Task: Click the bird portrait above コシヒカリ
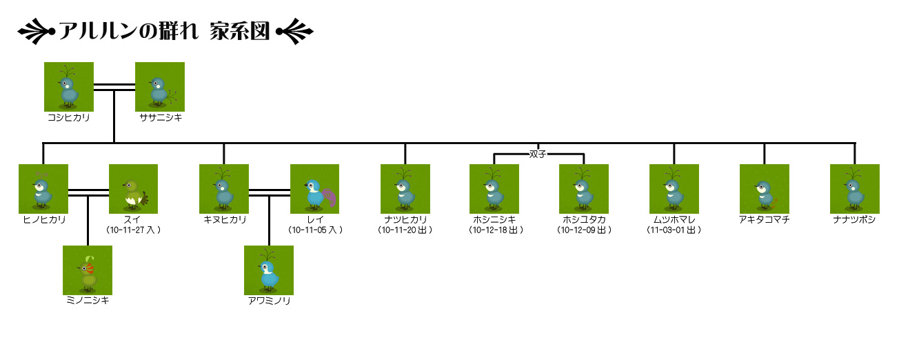tap(69, 86)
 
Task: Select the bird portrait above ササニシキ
tap(160, 86)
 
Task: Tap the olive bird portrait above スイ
tap(133, 188)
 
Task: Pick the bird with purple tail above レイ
tap(314, 188)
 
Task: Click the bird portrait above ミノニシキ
tap(88, 270)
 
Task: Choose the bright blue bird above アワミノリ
tap(269, 270)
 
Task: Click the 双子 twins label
tap(538, 154)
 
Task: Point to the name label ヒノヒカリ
tap(44, 219)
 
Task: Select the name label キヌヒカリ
tap(225, 219)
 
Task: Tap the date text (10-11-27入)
tap(134, 230)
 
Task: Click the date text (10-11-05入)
tap(315, 230)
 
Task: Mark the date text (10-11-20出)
tap(405, 230)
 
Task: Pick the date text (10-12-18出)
tap(495, 230)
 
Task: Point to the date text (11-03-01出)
tap(674, 230)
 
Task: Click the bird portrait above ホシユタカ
tap(583, 188)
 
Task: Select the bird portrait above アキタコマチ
tap(764, 188)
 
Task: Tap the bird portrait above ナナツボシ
tap(855, 188)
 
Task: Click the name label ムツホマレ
tap(674, 219)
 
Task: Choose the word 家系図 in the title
tap(239, 32)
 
